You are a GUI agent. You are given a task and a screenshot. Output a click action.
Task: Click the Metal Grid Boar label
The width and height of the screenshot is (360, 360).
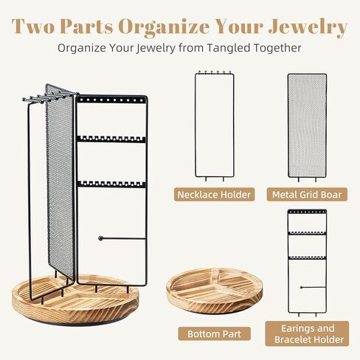tap(308, 195)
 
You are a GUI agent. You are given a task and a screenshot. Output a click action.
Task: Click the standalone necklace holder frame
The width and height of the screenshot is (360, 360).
tap(215, 125)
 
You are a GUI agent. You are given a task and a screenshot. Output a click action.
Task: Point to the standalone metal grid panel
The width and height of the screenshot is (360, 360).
tap(307, 125)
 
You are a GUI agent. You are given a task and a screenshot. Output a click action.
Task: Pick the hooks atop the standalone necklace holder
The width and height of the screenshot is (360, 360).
tap(215, 73)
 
